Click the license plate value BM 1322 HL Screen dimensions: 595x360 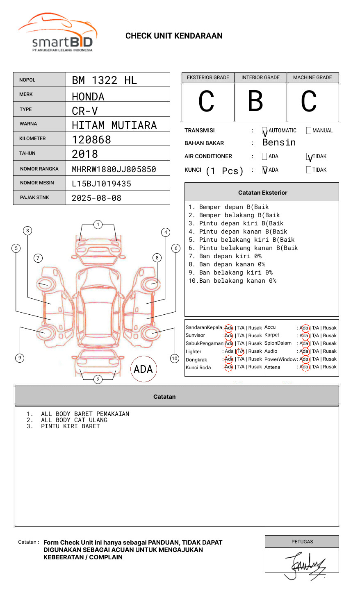(104, 80)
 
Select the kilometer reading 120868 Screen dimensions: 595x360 (91, 140)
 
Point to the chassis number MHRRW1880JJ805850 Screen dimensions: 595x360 (114, 169)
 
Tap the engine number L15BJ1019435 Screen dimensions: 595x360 (101, 184)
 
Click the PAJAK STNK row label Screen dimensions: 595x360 (34, 198)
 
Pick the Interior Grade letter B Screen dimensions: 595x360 (255, 101)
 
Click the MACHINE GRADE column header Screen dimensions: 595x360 (312, 77)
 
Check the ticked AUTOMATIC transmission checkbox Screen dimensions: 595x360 (264, 131)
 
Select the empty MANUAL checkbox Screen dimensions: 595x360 (309, 131)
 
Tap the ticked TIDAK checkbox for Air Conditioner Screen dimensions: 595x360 (309, 157)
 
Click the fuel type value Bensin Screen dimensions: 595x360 (279, 143)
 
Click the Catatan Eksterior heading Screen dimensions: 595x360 (262, 193)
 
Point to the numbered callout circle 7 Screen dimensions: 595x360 (38, 258)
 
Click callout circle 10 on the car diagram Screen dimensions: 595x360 (175, 359)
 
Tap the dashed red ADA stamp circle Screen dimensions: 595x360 (143, 369)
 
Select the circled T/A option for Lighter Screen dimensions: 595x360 (240, 351)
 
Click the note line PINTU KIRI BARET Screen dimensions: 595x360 (70, 426)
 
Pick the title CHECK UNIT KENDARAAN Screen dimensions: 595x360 (174, 36)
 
